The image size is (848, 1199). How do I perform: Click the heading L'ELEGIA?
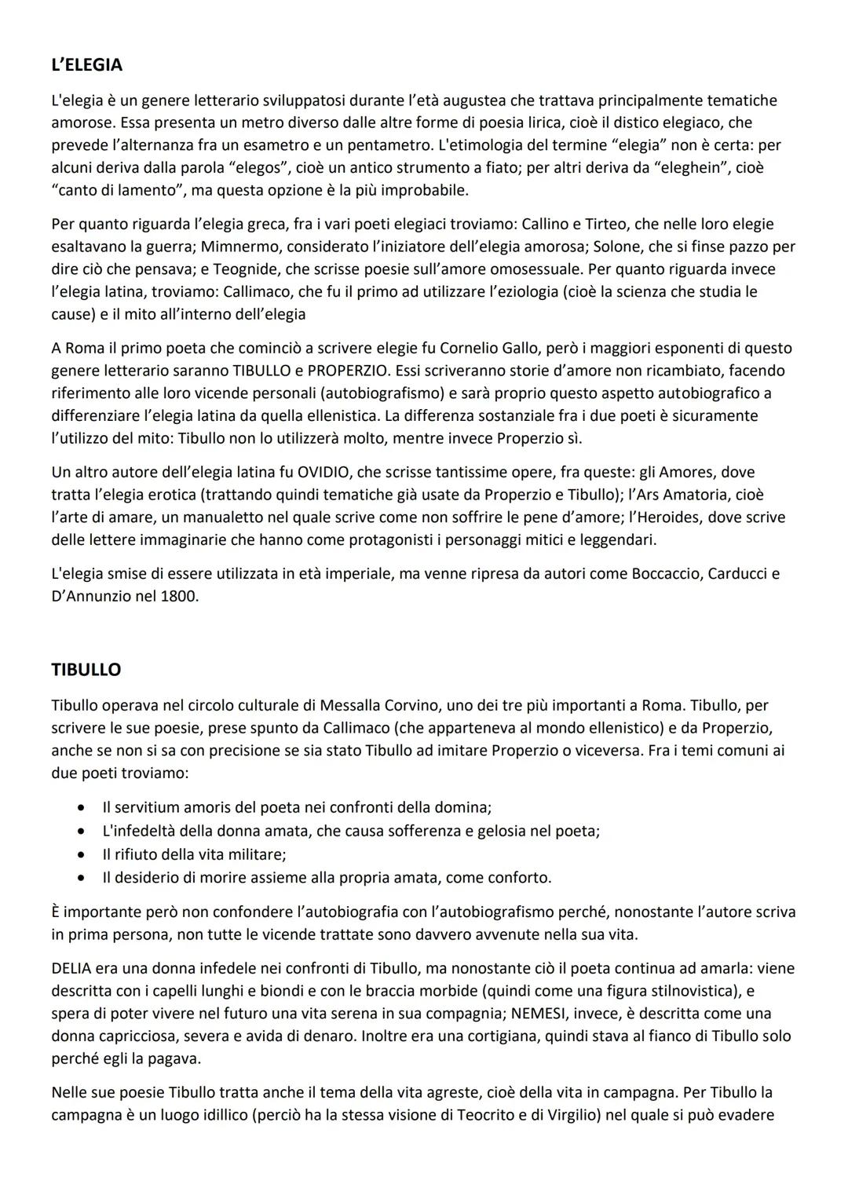click(86, 64)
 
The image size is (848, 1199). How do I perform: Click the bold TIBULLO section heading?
click(86, 670)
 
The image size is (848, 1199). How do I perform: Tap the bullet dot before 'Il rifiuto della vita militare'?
click(82, 854)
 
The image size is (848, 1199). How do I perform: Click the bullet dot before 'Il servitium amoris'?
click(82, 807)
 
